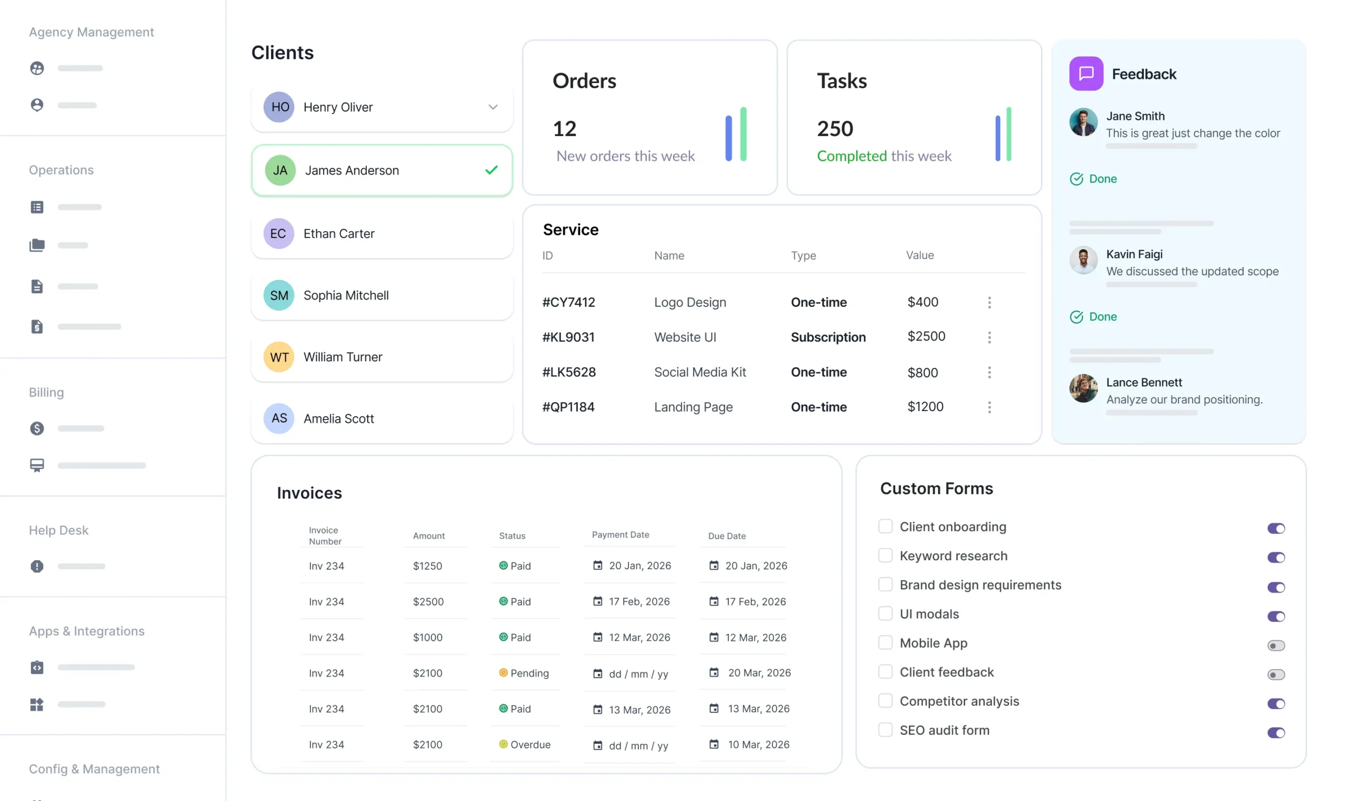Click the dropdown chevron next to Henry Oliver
pyautogui.click(x=493, y=107)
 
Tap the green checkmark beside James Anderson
pyautogui.click(x=491, y=170)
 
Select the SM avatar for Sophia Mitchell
pyautogui.click(x=278, y=295)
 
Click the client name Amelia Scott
pyautogui.click(x=338, y=418)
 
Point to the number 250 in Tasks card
pyautogui.click(x=835, y=128)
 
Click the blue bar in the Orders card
pyautogui.click(x=728, y=138)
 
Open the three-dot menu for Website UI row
pyautogui.click(x=989, y=337)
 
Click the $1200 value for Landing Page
pyautogui.click(x=925, y=406)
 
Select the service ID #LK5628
pyautogui.click(x=568, y=372)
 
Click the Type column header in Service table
pyautogui.click(x=803, y=255)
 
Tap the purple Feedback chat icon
pyautogui.click(x=1085, y=74)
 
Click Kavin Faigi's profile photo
pyautogui.click(x=1083, y=260)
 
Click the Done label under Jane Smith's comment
pyautogui.click(x=1102, y=179)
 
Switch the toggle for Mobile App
pyautogui.click(x=1276, y=645)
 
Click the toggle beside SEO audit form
pyautogui.click(x=1276, y=733)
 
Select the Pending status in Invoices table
pyautogui.click(x=529, y=673)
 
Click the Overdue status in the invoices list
pyautogui.click(x=530, y=744)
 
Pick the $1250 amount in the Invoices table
pyautogui.click(x=427, y=566)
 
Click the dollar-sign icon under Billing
pyautogui.click(x=37, y=428)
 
